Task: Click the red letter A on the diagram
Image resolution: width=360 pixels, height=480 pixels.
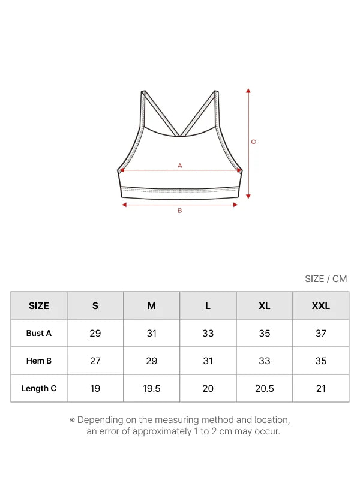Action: click(179, 166)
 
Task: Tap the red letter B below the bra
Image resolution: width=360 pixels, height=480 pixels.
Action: click(179, 211)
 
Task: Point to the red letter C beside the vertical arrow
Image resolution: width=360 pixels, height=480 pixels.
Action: click(253, 142)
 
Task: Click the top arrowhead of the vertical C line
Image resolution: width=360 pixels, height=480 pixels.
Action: click(248, 91)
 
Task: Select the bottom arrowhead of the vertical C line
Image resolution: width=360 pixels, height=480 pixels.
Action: click(248, 196)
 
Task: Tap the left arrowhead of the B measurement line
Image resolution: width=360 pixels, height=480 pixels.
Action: click(124, 205)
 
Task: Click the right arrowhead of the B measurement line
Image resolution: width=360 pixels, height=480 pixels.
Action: click(235, 205)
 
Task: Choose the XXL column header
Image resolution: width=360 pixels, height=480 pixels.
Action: click(321, 306)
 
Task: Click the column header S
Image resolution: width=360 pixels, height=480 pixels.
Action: click(95, 306)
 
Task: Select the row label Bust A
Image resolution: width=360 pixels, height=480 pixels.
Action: click(39, 333)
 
